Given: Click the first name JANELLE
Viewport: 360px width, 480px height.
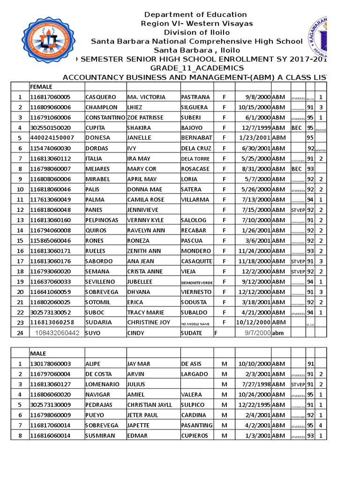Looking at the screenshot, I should [x=138, y=138].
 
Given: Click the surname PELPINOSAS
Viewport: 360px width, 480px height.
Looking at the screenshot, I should [x=102, y=220].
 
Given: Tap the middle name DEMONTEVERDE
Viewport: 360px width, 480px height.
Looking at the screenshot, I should [x=196, y=282].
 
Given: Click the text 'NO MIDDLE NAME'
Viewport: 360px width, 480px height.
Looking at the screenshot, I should [x=194, y=323].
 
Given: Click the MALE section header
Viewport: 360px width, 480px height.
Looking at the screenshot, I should [x=38, y=353].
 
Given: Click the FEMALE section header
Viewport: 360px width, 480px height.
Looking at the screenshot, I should [x=41, y=87].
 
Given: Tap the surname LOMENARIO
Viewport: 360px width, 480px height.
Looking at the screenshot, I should [x=102, y=384].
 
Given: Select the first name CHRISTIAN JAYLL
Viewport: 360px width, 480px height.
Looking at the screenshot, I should [x=150, y=405].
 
